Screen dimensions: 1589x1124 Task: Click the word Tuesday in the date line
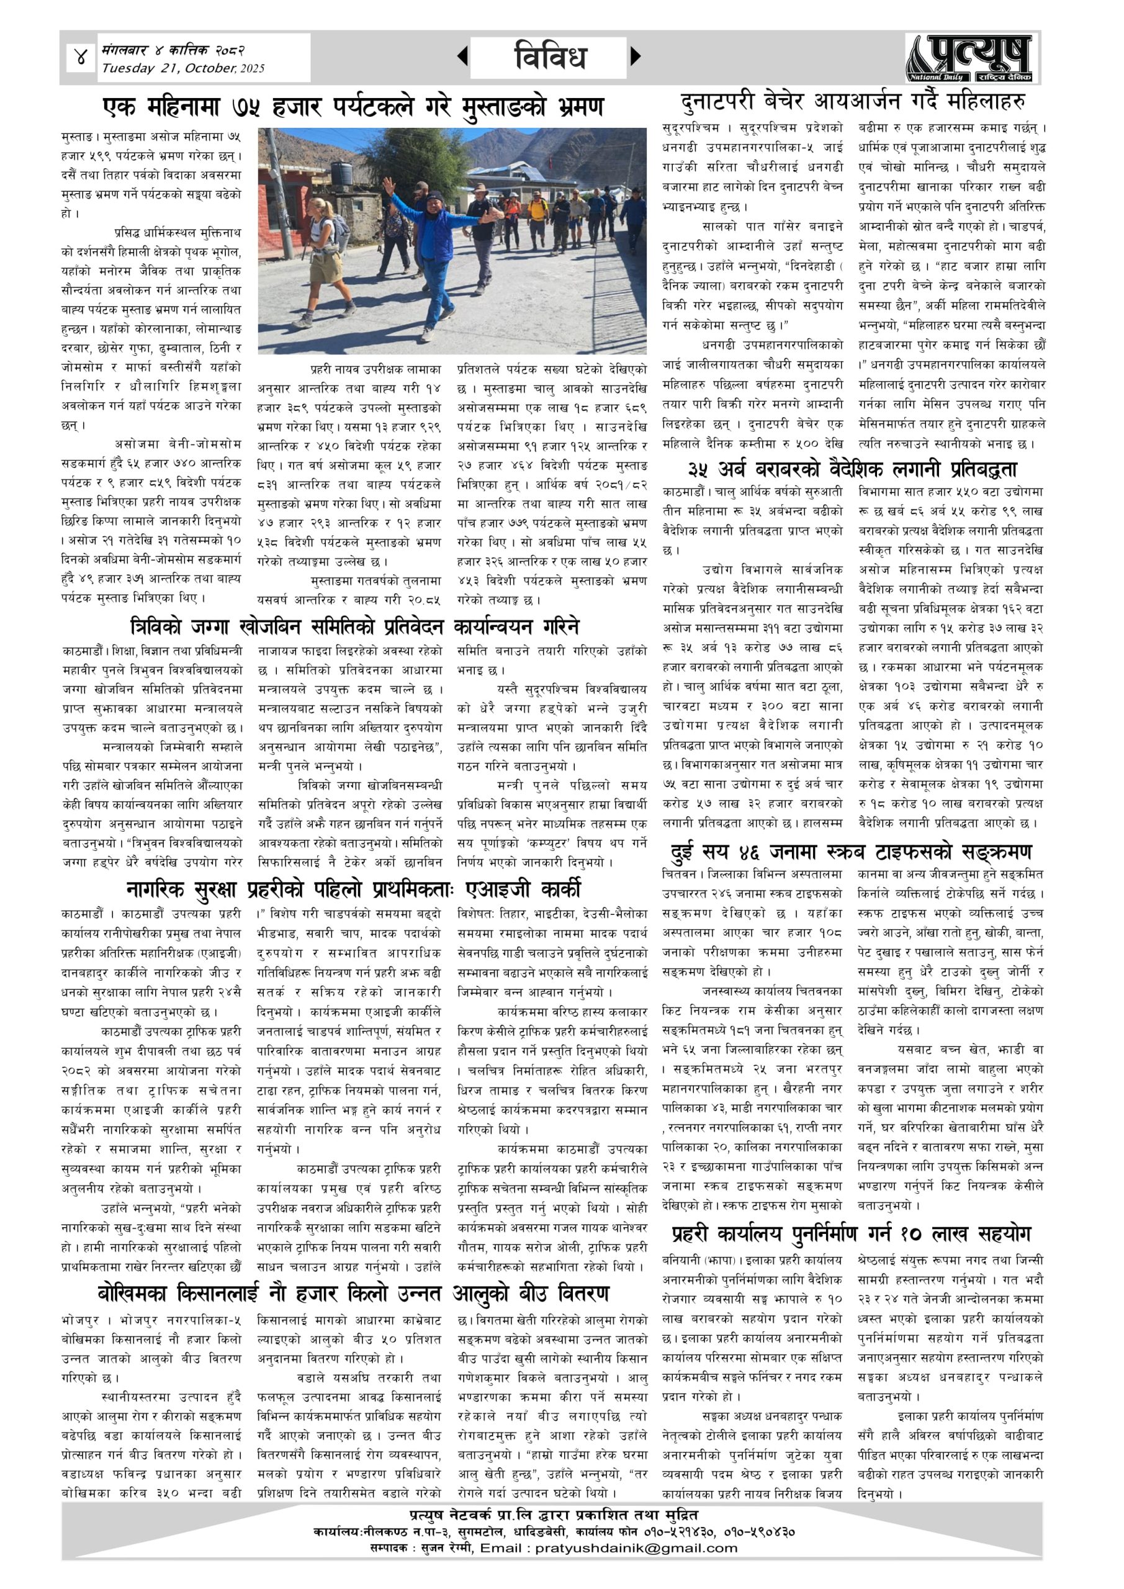[128, 68]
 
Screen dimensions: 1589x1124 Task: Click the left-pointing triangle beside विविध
[462, 56]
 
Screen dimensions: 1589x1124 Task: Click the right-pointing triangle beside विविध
[636, 56]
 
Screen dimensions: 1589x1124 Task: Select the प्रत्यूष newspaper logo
[968, 59]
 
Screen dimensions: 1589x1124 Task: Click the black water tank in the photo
[341, 173]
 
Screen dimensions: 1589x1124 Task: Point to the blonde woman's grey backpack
[341, 233]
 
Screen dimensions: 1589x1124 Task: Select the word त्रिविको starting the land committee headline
[156, 627]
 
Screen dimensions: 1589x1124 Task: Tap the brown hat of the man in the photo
[479, 187]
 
